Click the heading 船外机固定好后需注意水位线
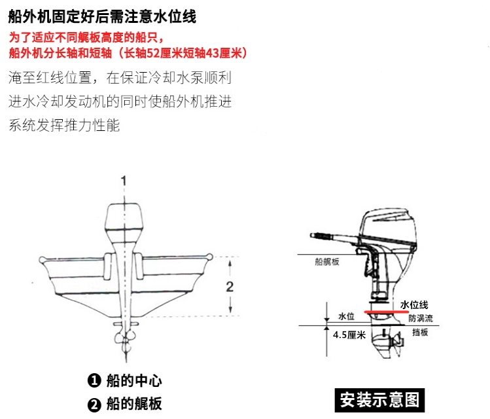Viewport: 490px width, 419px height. pos(102,16)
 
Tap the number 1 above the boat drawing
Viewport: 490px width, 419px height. pos(123,181)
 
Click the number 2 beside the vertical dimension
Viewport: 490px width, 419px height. pos(230,286)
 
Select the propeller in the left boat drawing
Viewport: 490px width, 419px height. pos(123,340)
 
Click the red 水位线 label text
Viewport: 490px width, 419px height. pos(413,304)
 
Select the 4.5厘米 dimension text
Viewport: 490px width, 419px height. pos(349,335)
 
